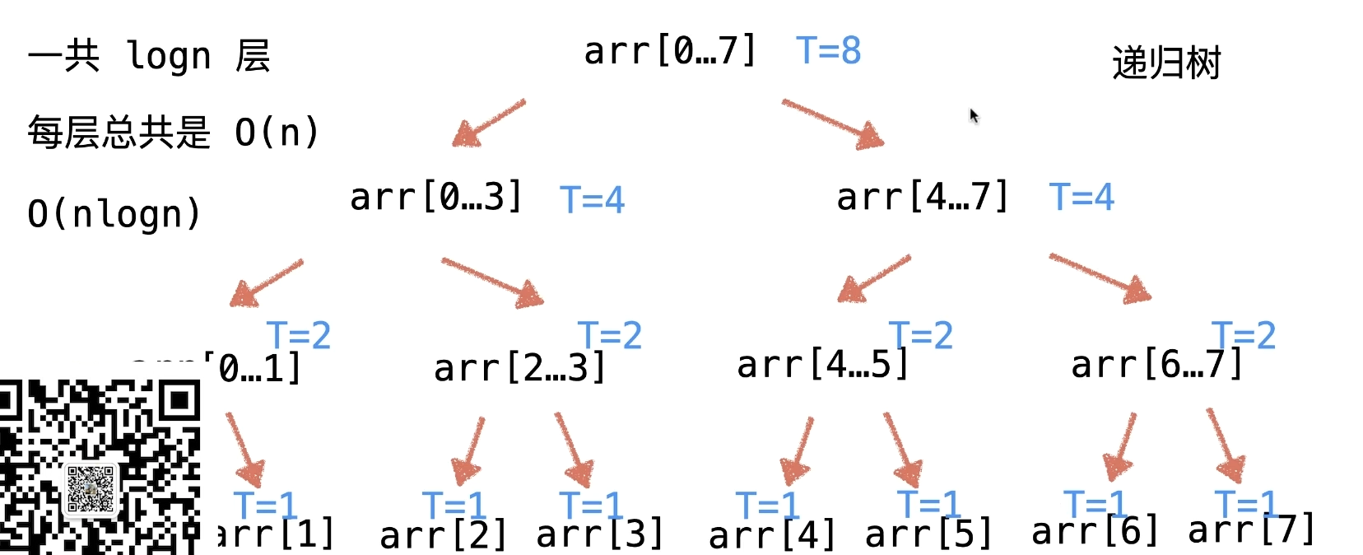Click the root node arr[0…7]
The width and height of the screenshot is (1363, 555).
669,51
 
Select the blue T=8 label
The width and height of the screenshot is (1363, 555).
828,50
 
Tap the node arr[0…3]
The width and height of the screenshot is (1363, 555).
436,198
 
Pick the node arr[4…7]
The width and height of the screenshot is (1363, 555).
922,198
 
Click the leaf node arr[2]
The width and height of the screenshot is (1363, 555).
443,536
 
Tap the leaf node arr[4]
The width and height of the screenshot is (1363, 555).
772,536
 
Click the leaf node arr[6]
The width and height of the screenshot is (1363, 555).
1095,532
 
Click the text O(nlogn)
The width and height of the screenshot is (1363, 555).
114,214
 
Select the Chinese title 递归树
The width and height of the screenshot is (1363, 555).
1166,63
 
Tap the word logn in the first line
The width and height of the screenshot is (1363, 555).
170,57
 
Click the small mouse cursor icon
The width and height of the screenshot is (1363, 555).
974,115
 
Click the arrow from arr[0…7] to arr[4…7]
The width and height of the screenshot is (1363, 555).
832,124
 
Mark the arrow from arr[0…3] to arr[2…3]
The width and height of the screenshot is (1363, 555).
492,282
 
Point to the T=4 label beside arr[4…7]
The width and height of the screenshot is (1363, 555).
1081,198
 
